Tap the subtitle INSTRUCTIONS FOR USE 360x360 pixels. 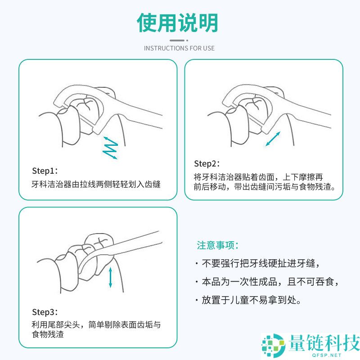click(x=179, y=48)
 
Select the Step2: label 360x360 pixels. click(x=207, y=163)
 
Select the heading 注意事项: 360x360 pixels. click(x=217, y=246)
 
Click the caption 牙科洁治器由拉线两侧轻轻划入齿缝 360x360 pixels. click(x=96, y=184)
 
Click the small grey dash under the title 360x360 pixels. click(x=179, y=40)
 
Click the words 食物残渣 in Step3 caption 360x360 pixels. click(x=47, y=334)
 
